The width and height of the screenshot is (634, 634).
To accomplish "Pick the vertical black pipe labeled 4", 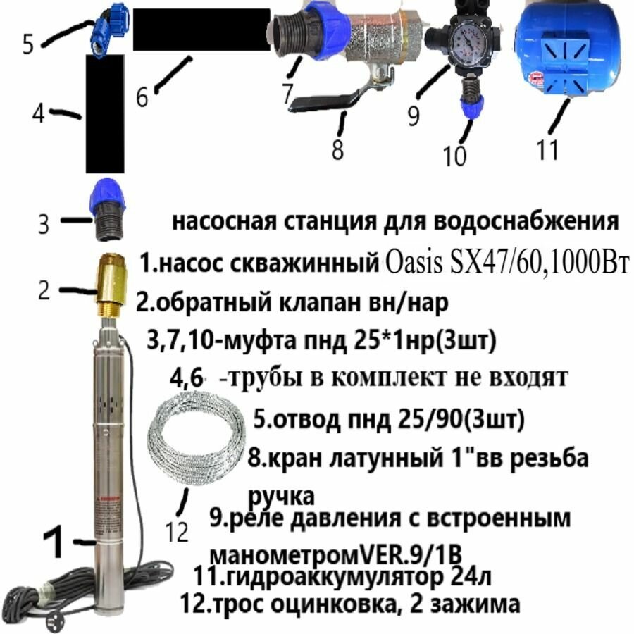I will click(105, 113).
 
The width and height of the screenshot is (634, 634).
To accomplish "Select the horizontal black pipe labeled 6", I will click(201, 30).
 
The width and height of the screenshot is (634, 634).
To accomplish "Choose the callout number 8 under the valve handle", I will click(340, 149).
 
